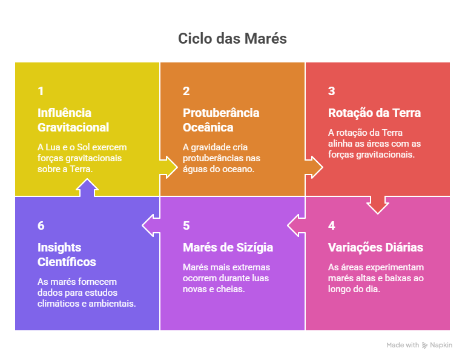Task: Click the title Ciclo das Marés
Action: [232, 39]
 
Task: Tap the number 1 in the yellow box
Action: [41, 92]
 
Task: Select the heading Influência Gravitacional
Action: [73, 120]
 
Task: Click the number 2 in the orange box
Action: [186, 92]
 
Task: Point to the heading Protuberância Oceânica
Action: [221, 120]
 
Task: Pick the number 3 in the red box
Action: [332, 92]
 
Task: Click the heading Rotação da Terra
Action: [374, 113]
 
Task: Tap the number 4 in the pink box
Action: [332, 226]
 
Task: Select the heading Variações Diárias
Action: [375, 247]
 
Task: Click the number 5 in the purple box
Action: [186, 226]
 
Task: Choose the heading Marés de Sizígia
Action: [228, 247]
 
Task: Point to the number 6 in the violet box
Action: [41, 226]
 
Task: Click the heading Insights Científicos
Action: [67, 255]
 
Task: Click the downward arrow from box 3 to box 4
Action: [378, 204]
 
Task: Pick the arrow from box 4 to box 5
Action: [297, 225]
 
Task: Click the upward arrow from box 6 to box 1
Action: [87, 188]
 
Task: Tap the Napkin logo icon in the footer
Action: [425, 345]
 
